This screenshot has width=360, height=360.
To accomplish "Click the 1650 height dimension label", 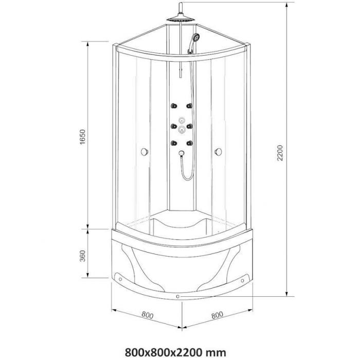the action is [82, 137].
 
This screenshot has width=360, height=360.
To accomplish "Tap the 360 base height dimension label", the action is [82, 256].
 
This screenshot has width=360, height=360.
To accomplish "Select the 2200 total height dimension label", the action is [280, 153].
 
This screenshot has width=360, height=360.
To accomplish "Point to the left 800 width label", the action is [148, 315].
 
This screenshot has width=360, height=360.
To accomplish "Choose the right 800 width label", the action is [217, 315].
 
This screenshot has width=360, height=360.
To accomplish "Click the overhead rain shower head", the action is [181, 20].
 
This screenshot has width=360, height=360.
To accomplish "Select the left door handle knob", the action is [145, 152].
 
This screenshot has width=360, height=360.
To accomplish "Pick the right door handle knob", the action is [218, 152].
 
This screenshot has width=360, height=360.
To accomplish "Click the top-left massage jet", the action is [174, 106].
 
